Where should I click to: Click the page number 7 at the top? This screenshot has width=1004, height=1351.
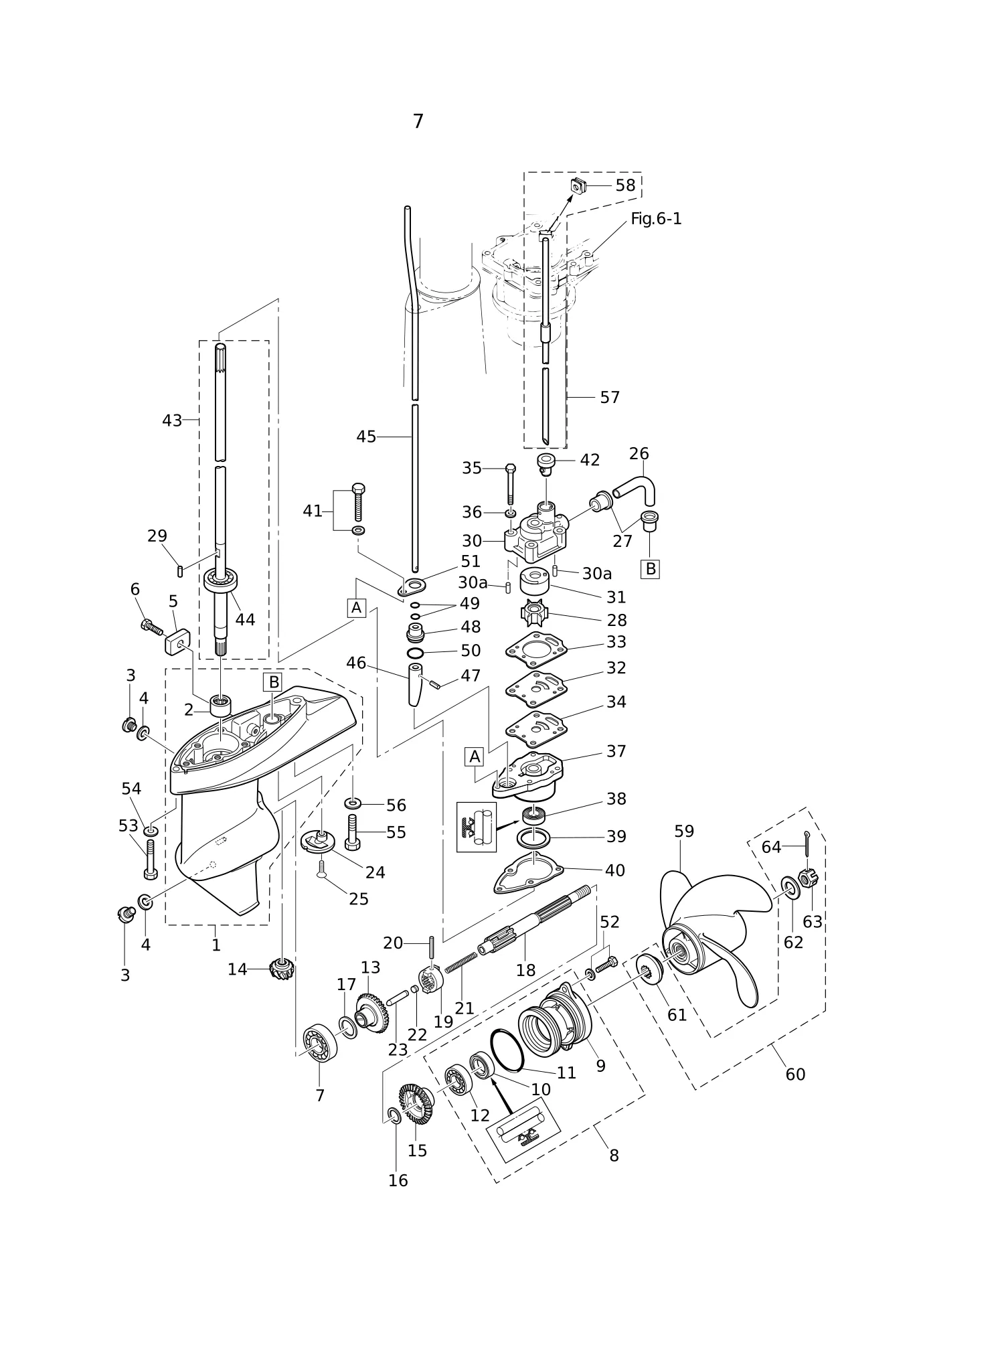[418, 121]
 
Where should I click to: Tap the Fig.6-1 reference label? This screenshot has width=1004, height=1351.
[656, 219]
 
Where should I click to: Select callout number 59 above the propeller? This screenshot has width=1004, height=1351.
[684, 831]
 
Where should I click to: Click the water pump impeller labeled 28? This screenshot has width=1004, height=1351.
[535, 613]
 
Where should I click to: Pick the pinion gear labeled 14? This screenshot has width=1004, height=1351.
[282, 969]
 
